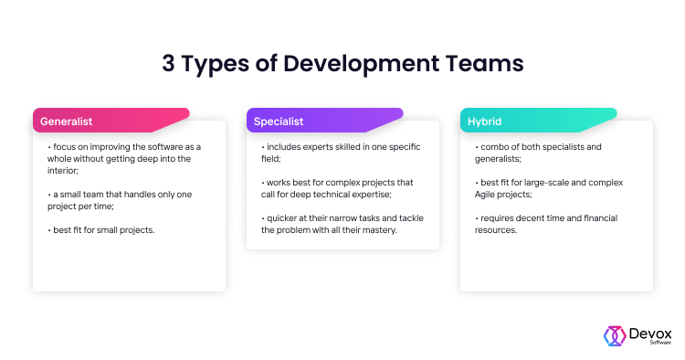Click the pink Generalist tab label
(65, 121)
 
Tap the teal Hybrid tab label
(485, 121)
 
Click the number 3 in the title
(168, 64)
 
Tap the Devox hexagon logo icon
(614, 334)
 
